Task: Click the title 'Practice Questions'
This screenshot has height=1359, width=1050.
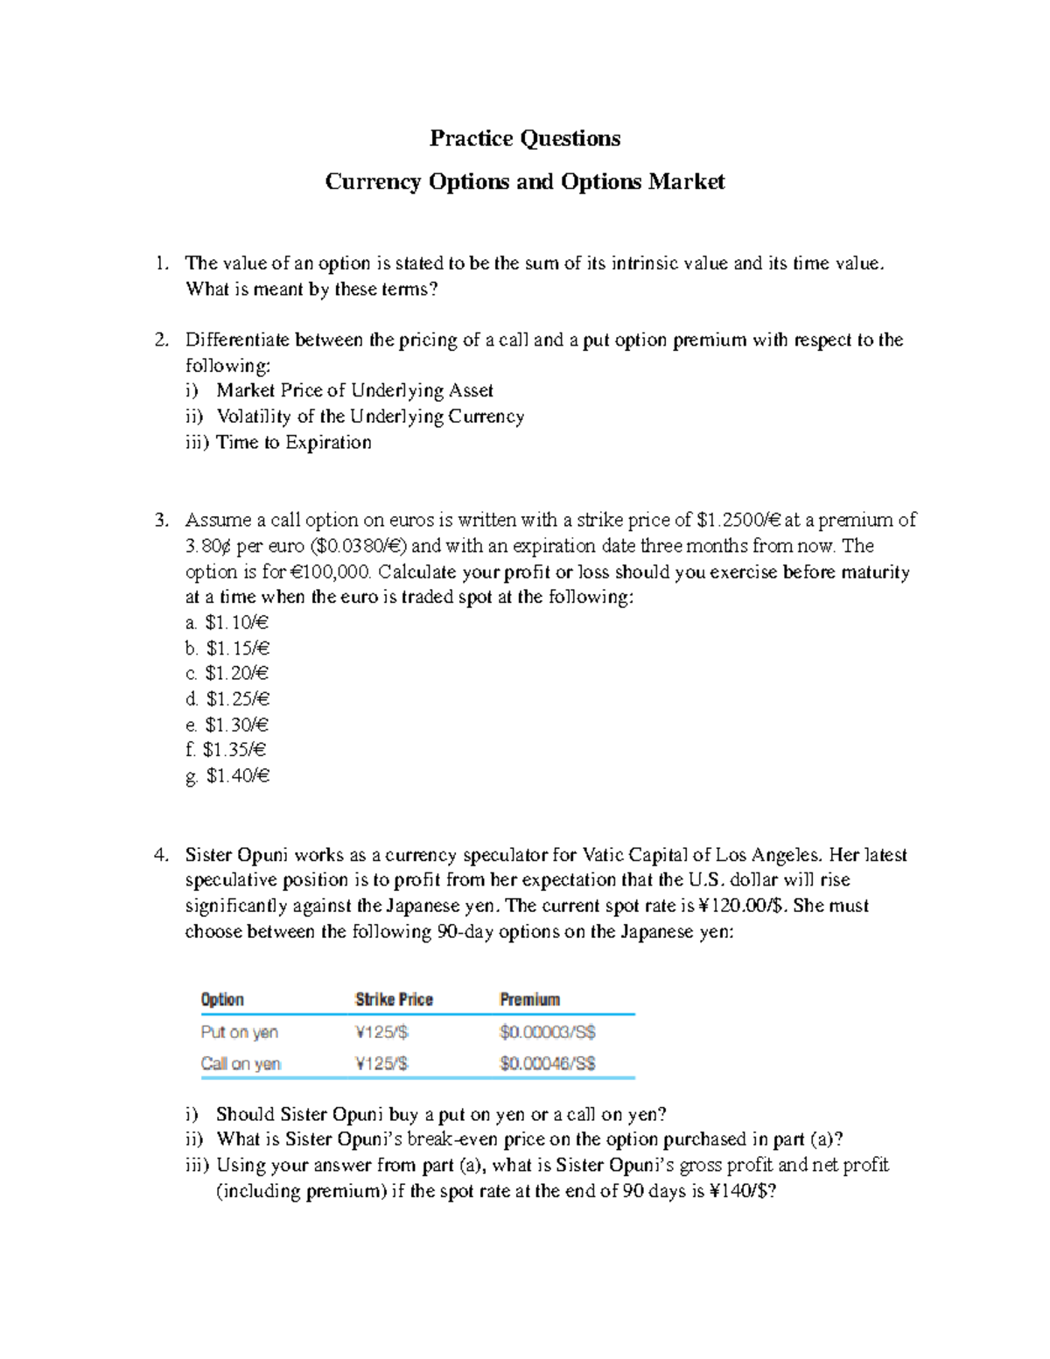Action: pos(525,138)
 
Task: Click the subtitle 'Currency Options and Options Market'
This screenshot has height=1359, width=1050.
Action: pos(525,182)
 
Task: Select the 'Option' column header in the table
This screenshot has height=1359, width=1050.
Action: pos(222,999)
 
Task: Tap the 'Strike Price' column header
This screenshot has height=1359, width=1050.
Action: pos(394,999)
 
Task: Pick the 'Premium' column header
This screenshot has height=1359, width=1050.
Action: pos(529,999)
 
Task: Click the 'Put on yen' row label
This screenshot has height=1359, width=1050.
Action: pos(239,1033)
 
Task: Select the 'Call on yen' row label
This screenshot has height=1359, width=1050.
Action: pos(241,1064)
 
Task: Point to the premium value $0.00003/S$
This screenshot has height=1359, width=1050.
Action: pos(547,1033)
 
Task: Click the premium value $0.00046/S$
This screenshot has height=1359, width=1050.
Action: pos(547,1064)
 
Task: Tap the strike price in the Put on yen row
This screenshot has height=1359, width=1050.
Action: pos(381,1033)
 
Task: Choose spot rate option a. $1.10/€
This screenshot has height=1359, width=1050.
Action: pos(227,623)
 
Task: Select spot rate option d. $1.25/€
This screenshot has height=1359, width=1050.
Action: pos(227,699)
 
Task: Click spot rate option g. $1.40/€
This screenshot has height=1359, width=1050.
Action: pos(227,775)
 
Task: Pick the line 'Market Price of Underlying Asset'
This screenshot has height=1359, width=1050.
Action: pos(354,390)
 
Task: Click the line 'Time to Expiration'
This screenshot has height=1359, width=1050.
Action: pos(293,442)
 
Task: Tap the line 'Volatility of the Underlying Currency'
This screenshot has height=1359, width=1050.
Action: pos(370,417)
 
